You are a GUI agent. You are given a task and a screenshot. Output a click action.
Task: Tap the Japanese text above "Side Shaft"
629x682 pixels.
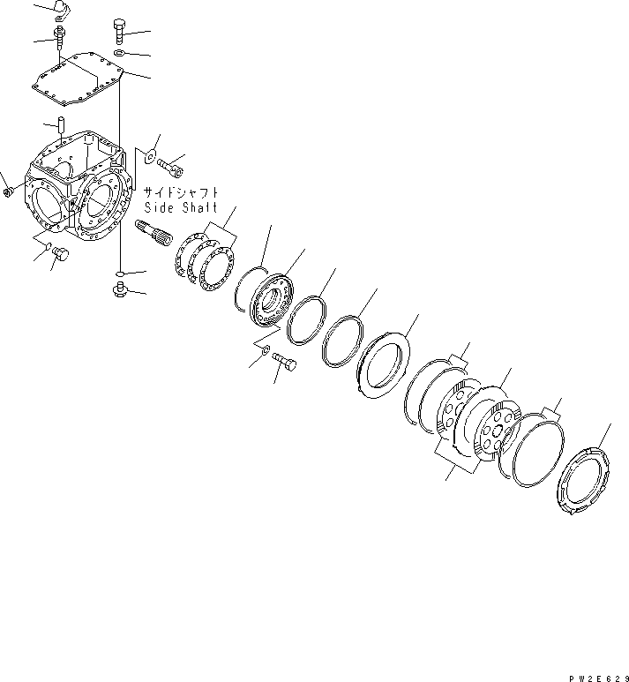coord(180,191)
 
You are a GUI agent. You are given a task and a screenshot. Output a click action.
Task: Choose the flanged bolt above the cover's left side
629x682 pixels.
coord(59,38)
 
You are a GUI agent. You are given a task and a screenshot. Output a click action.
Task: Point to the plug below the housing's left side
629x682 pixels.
coord(61,254)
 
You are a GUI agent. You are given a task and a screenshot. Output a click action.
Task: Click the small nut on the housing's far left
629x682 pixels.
coord(8,190)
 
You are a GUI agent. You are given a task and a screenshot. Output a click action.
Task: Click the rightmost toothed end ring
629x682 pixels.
coord(585,482)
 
